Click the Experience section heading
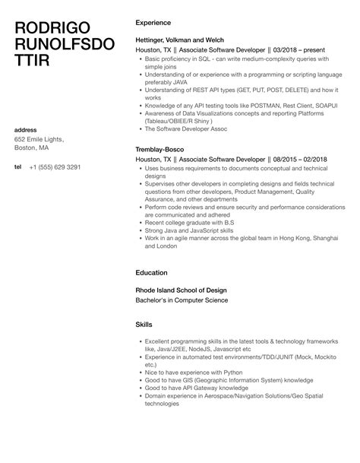click(154, 23)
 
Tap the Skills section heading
click(144, 324)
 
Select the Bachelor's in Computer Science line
click(181, 300)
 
